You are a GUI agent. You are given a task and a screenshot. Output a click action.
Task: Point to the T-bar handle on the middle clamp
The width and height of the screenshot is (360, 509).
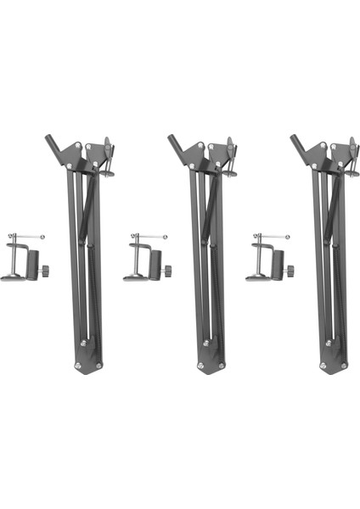pos(150,237)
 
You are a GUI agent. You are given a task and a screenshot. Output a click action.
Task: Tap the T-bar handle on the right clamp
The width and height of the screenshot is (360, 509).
pos(273,237)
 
